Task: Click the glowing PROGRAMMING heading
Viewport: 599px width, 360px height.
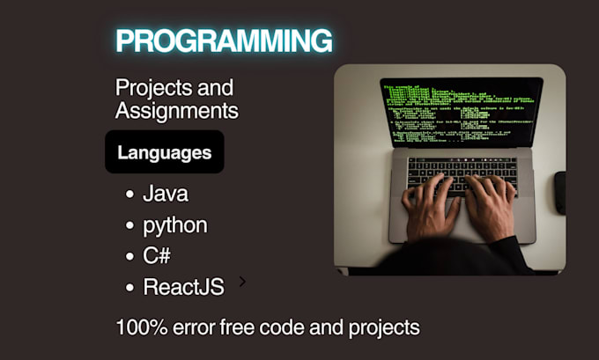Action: [224, 40]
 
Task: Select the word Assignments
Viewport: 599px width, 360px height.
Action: [176, 111]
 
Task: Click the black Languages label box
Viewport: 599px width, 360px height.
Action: [164, 152]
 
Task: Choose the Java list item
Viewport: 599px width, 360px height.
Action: [165, 194]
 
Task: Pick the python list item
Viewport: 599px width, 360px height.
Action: [174, 224]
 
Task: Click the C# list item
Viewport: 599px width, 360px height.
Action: [158, 255]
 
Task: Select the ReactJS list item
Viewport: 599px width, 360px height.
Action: [183, 286]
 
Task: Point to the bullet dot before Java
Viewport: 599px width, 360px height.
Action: [129, 195]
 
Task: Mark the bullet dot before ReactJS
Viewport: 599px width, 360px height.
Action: [129, 287]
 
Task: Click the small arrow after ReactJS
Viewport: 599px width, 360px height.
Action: [242, 283]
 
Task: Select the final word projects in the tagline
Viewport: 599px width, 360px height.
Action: [385, 328]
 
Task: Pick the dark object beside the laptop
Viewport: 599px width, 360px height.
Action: [559, 192]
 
